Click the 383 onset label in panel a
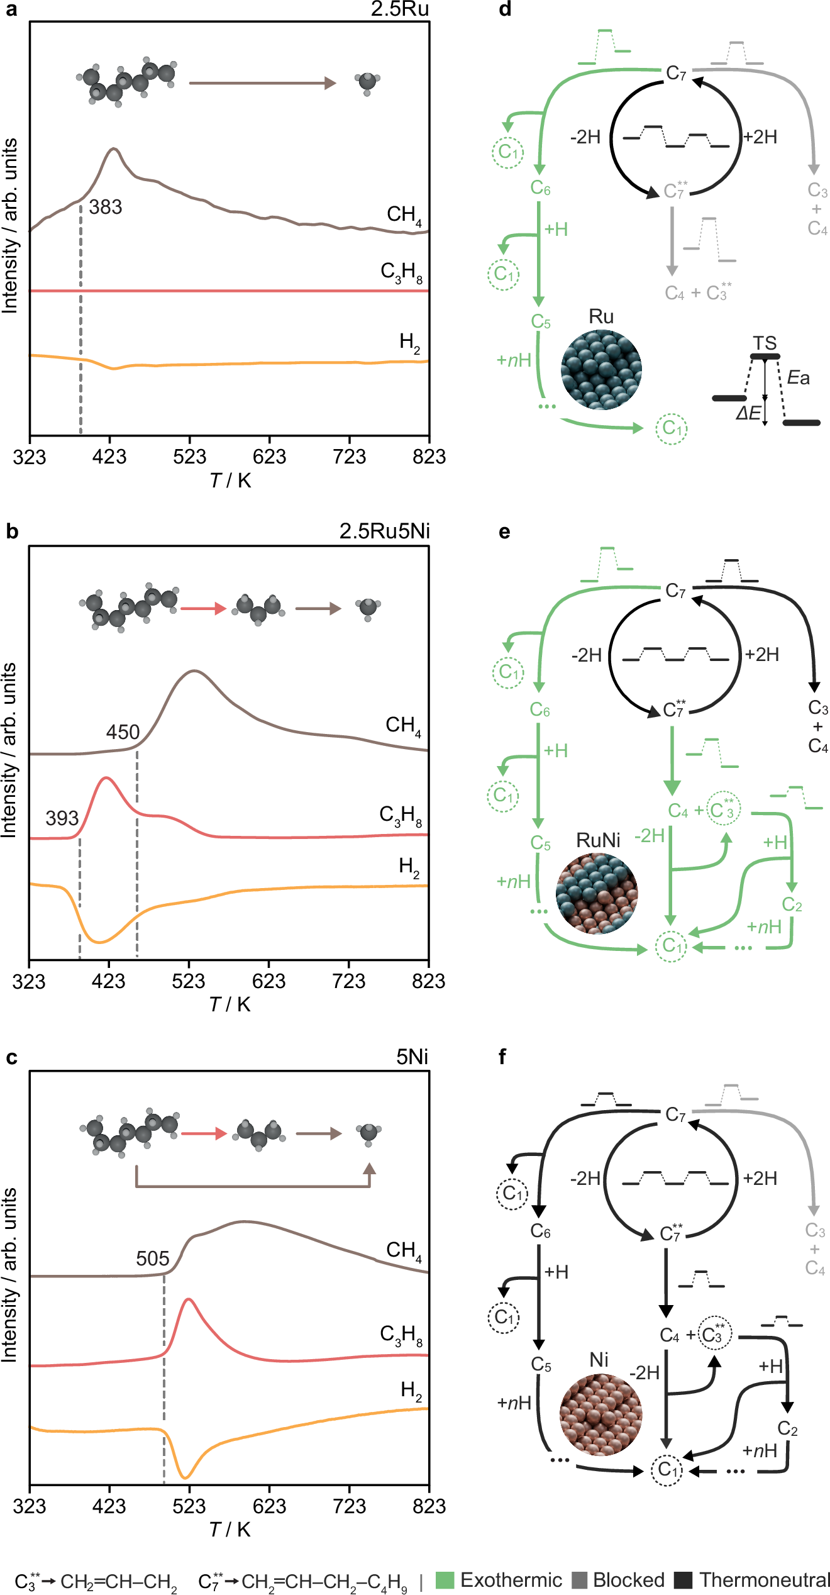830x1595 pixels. pos(105,207)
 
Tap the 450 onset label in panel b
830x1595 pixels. pos(123,732)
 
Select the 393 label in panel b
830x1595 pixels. pos(62,818)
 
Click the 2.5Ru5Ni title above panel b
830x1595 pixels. pos(384,531)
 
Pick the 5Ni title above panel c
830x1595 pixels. pos(412,1057)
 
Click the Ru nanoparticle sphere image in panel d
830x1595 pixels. pos(601,370)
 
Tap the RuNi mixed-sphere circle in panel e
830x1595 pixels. pos(597,893)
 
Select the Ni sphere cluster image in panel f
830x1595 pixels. pos(600,1414)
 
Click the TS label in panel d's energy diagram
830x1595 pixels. pos(765,343)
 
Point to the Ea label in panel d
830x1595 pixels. pos(798,377)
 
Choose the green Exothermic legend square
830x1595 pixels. pos(445,1580)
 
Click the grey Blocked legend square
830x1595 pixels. pos(580,1580)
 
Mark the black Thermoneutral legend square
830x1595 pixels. pos(683,1580)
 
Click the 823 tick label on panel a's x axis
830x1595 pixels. pos(429,457)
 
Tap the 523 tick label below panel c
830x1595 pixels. pos(189,1506)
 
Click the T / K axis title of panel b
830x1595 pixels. pos(230,1004)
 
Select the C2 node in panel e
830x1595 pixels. pos(792,905)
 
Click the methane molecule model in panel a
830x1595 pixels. pos(367,82)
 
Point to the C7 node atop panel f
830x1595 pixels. pos(675,1114)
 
